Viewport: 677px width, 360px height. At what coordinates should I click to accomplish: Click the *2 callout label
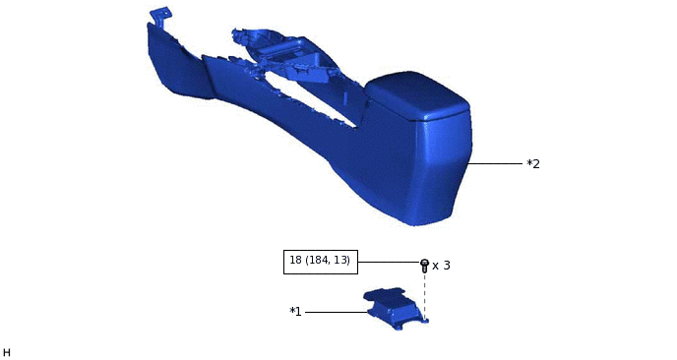(x=533, y=164)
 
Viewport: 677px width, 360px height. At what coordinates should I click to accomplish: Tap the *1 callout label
(x=295, y=312)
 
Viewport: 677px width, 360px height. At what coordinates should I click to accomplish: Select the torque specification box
(x=320, y=261)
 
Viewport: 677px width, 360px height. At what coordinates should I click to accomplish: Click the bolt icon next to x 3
(x=424, y=265)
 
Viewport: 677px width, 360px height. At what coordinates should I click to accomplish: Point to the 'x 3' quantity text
(x=441, y=266)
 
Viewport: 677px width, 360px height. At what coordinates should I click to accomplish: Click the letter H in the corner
(x=7, y=352)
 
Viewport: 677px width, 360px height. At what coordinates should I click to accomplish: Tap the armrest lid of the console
(x=415, y=93)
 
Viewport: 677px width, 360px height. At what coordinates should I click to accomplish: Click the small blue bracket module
(x=396, y=306)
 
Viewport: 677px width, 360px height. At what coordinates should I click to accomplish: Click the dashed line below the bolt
(x=424, y=293)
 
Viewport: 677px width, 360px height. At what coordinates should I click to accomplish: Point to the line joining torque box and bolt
(x=388, y=262)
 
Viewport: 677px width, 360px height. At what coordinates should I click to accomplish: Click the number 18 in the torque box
(x=296, y=261)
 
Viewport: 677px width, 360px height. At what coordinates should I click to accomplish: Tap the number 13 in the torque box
(x=340, y=261)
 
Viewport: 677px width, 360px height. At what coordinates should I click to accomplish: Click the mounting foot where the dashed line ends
(x=424, y=319)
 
